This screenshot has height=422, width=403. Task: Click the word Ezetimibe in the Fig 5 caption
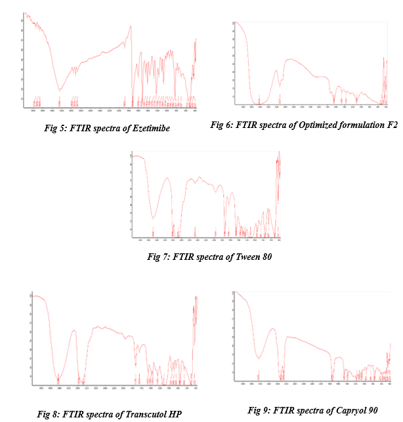pyautogui.click(x=150, y=129)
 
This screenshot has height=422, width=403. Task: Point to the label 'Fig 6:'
pyautogui.click(x=221, y=125)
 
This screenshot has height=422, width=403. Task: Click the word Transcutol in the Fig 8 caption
pyautogui.click(x=138, y=413)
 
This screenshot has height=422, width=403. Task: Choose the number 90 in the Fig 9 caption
pyautogui.click(x=370, y=410)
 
